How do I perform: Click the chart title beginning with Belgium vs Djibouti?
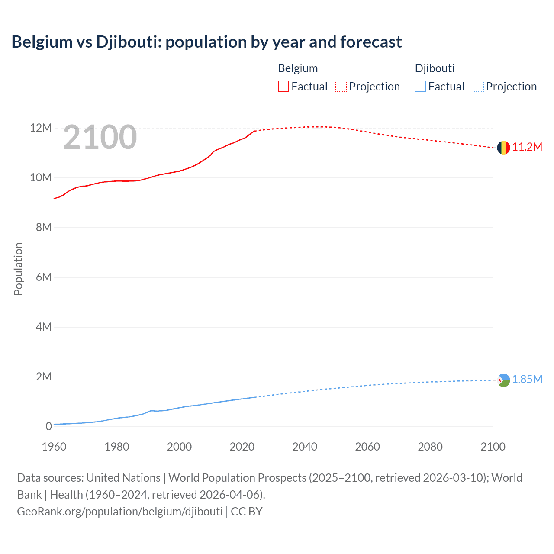pos(206,42)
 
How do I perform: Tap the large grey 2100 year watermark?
pos(100,137)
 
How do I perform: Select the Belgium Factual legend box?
pos(283,87)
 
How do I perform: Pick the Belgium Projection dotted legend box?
pos(341,87)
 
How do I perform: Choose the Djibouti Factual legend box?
pos(420,87)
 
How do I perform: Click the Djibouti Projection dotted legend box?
pos(478,87)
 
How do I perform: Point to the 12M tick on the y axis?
pos(41,128)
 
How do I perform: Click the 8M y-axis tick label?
pos(44,228)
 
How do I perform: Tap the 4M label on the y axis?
pos(44,327)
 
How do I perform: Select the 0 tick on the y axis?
pos(48,427)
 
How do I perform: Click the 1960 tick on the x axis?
pos(54,447)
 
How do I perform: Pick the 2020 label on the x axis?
pos(242,447)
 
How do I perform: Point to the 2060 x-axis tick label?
pos(367,447)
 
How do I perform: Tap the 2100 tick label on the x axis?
pos(493,447)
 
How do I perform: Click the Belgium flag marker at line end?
pos(503,148)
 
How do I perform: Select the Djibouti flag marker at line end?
pos(503,380)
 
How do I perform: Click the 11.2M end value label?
pos(527,147)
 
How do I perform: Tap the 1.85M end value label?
pos(527,380)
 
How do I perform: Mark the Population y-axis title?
pos(18,269)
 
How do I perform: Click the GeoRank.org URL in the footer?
pos(119,512)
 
